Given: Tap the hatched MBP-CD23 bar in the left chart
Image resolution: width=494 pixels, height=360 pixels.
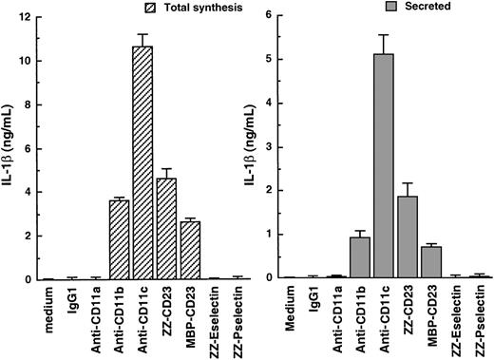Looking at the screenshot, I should [x=218, y=251].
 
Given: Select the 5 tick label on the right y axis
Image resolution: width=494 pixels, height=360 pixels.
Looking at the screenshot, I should [x=268, y=60].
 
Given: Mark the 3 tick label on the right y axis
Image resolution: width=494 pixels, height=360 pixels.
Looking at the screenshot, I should [x=268, y=147].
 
